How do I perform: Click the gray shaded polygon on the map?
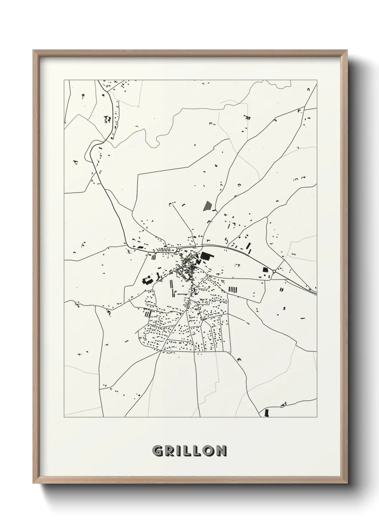(207, 206)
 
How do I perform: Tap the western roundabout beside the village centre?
(178, 250)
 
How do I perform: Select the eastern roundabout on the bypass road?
(274, 272)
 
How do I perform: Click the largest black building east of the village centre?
(206, 256)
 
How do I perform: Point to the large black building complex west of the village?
(147, 280)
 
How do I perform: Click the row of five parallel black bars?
(233, 289)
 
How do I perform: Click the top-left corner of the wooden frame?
(34, 51)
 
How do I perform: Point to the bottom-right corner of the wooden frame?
(346, 482)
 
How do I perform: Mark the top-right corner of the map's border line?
(317, 80)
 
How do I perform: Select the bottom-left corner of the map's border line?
(64, 417)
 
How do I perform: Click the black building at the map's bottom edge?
(266, 413)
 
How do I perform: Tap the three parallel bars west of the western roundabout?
(154, 257)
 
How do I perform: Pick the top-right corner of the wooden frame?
(346, 51)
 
